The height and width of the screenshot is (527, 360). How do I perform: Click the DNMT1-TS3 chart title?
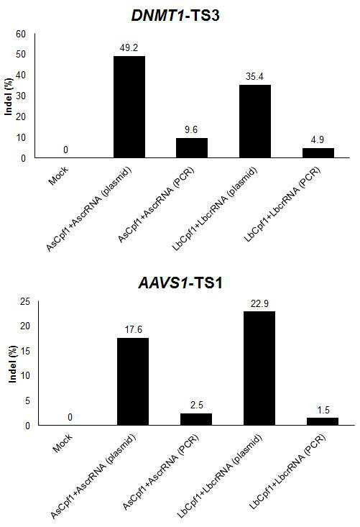point(175,16)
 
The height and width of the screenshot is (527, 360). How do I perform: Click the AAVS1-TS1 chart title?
point(180,283)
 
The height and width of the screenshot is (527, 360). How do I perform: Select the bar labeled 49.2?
point(129,107)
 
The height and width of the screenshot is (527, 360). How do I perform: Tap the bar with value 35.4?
point(255,121)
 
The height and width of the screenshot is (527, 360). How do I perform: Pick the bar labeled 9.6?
point(192,148)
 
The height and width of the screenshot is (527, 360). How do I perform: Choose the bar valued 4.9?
point(318,152)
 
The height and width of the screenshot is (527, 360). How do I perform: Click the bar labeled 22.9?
point(259,368)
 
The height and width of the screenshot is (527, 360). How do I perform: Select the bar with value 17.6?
point(133,382)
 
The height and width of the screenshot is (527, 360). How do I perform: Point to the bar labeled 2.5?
point(196,419)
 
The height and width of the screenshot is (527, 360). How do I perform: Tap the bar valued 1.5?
point(323,421)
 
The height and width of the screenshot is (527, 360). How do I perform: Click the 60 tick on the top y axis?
point(21,34)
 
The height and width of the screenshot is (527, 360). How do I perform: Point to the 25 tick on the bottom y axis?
point(25,301)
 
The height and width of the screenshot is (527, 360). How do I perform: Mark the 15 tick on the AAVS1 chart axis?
point(25,352)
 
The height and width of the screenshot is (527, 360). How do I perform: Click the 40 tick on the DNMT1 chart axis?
point(21,75)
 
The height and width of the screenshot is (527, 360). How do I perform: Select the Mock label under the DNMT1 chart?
point(58,175)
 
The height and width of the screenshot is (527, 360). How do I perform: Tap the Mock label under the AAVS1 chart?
point(63,444)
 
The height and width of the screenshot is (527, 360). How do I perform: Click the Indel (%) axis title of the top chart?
point(9,96)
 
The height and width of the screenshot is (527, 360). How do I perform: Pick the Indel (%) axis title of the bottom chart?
point(12,364)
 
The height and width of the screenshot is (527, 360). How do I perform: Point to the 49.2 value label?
point(129,47)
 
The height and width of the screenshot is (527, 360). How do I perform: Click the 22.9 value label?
point(259,304)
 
